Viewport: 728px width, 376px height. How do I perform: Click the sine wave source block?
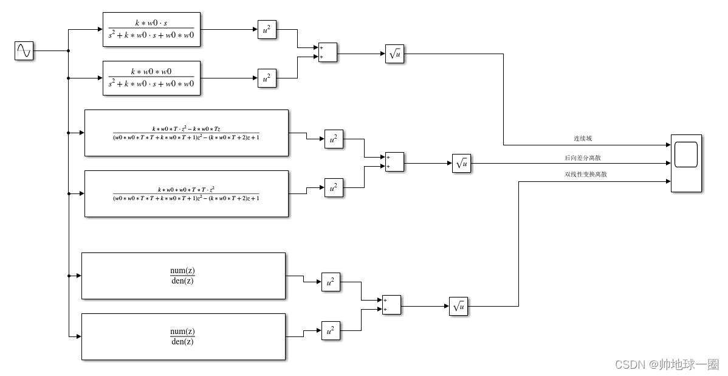point(24,51)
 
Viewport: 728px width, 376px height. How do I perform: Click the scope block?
point(686,163)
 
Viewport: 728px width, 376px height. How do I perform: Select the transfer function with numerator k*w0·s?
point(151,29)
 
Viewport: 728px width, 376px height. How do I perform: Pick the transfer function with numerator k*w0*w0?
point(151,78)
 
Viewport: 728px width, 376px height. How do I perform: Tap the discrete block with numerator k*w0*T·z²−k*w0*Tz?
point(186,133)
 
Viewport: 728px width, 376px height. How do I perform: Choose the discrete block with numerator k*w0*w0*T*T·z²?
point(186,193)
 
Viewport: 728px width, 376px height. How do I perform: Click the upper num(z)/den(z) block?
point(183,276)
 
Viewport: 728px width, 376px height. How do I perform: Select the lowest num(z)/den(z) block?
point(183,336)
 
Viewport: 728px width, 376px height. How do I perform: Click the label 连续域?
point(583,139)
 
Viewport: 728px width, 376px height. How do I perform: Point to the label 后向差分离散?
point(586,158)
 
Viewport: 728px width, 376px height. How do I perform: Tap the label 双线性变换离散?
point(586,174)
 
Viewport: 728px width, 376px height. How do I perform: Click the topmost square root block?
point(394,54)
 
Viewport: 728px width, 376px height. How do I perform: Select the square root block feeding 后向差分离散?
point(461,164)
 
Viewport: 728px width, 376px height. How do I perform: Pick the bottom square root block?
point(458,307)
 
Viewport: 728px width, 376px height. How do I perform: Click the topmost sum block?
point(328,52)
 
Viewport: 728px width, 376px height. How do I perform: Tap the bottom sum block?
point(391,305)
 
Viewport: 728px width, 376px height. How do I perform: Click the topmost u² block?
point(267,30)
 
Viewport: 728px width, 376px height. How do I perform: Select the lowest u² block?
point(331,331)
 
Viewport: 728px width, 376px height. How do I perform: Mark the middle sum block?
point(394,162)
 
